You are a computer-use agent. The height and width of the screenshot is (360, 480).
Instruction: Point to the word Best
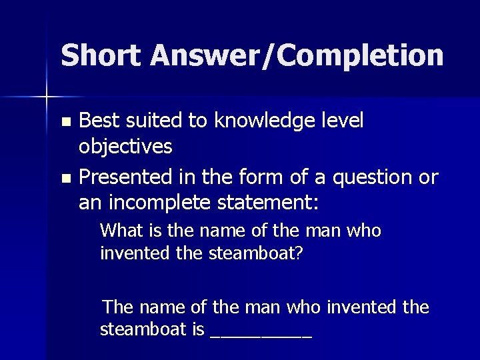point(97,121)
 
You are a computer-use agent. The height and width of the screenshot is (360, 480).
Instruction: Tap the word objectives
point(126,146)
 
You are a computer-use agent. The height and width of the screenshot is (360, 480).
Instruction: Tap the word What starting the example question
point(120,231)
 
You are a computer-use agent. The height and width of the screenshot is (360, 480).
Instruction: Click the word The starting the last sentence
point(119,307)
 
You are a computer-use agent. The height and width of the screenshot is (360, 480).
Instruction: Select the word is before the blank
point(198,330)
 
